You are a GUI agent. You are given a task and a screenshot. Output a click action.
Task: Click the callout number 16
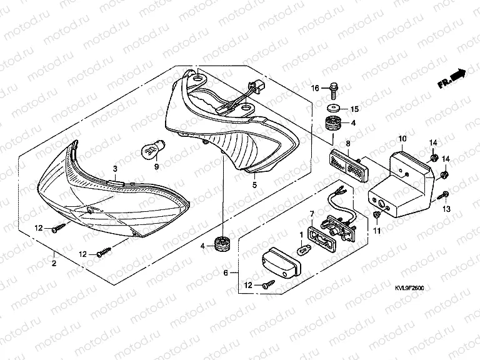pyautogui.click(x=316, y=87)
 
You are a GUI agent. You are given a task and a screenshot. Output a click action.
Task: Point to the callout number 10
pyautogui.click(x=402, y=138)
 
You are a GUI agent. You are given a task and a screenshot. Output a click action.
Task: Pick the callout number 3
pyautogui.click(x=115, y=169)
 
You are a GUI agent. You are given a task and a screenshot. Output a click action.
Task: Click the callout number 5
pyautogui.click(x=254, y=186)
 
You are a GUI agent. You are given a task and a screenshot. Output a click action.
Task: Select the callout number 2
pyautogui.click(x=54, y=264)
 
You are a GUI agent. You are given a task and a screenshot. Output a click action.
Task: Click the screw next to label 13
pyautogui.click(x=442, y=196)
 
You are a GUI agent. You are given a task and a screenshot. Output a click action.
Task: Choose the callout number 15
pyautogui.click(x=353, y=109)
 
